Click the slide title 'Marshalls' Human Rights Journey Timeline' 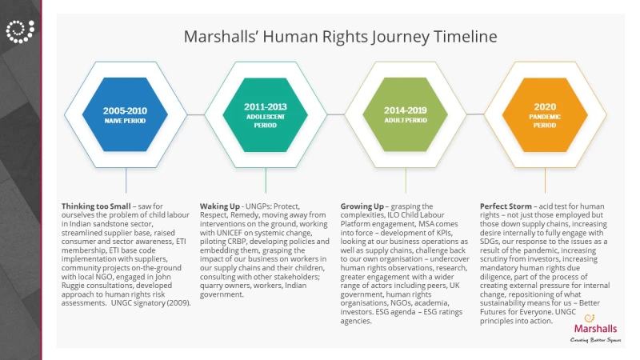(341, 36)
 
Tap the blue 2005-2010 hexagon (125, 114)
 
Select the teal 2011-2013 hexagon (266, 114)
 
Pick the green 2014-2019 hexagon (406, 114)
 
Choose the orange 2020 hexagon (545, 114)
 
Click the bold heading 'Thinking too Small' (96, 206)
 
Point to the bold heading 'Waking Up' (219, 206)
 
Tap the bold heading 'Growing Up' (362, 206)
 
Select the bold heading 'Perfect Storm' (506, 206)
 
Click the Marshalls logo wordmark (595, 329)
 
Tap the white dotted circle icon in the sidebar (20, 31)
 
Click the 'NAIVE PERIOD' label (125, 121)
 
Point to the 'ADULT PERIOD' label (406, 121)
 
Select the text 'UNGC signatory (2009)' (150, 303)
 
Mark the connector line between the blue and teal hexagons (196, 114)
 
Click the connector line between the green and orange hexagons (475, 114)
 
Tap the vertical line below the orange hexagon (545, 181)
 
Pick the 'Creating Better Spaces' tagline (595, 340)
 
